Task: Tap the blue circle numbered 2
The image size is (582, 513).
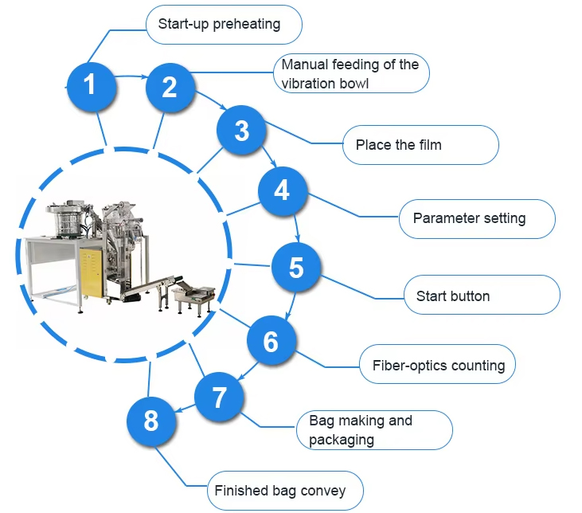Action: [170, 87]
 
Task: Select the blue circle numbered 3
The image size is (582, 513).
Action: [242, 131]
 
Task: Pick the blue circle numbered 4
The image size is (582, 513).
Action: [282, 191]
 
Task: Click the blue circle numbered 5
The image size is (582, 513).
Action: [296, 268]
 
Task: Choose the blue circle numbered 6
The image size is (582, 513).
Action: [271, 341]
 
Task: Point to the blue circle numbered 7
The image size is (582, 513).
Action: [220, 396]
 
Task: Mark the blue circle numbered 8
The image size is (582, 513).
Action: [152, 421]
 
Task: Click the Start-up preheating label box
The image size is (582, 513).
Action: [224, 24]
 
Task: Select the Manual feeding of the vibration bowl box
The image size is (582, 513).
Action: [351, 73]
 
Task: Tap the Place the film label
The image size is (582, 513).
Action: [421, 145]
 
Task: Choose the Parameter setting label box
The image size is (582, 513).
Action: [476, 218]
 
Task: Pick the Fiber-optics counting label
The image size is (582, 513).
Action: [438, 366]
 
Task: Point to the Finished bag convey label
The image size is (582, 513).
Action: [285, 490]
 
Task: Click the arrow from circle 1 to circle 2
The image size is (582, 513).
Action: [130, 76]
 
